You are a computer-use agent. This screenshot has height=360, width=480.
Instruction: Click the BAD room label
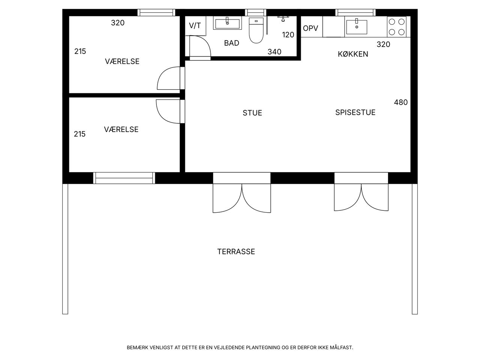231,43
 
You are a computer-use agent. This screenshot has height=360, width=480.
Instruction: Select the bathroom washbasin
227,24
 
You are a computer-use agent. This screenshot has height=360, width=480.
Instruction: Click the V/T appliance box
195,26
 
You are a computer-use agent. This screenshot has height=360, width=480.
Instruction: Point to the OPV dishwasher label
310,28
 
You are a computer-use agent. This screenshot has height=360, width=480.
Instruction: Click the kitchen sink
357,27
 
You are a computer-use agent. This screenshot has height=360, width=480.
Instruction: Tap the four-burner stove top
397,27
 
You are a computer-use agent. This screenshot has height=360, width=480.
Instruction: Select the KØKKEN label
353,54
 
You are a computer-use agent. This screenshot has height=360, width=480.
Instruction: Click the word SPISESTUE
355,112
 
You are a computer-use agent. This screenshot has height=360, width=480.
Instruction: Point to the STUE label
252,113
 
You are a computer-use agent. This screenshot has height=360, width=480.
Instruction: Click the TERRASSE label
236,252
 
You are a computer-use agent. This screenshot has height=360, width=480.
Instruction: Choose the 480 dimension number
401,102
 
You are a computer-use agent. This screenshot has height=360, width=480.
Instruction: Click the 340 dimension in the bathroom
274,52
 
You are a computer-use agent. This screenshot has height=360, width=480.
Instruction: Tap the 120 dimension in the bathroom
288,35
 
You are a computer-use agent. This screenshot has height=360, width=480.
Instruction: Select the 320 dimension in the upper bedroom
118,23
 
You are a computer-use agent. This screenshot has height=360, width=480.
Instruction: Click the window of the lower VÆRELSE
124,178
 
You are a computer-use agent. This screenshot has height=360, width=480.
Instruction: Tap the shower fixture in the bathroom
283,18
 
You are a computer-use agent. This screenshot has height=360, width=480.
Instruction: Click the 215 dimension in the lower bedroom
79,134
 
